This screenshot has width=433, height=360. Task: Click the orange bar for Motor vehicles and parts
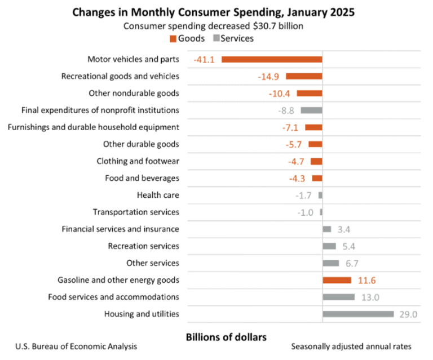click(x=272, y=59)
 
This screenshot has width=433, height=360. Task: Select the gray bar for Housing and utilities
click(x=357, y=314)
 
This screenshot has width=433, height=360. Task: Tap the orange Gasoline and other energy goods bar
click(x=337, y=280)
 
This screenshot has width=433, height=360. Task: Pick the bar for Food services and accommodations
click(x=338, y=297)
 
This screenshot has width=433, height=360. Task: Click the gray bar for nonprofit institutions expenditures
click(x=311, y=110)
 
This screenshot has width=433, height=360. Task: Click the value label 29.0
click(x=408, y=314)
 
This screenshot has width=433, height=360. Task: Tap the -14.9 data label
click(x=269, y=77)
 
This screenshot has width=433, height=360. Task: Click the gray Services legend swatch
click(x=216, y=38)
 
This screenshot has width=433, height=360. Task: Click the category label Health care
click(x=158, y=195)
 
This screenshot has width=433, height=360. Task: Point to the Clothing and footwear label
click(x=138, y=161)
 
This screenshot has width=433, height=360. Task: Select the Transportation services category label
click(x=136, y=212)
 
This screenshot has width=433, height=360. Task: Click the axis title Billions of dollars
click(x=226, y=336)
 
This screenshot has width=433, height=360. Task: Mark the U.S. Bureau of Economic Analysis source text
click(x=76, y=346)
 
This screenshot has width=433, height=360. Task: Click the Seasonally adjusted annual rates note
click(x=351, y=346)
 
